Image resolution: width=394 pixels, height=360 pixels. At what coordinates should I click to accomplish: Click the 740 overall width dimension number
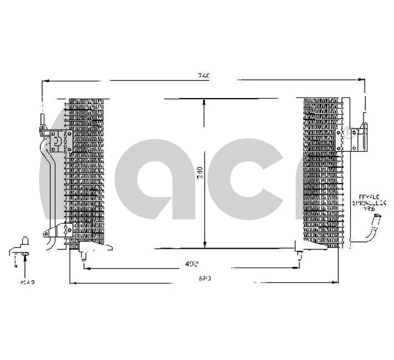(203, 76)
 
